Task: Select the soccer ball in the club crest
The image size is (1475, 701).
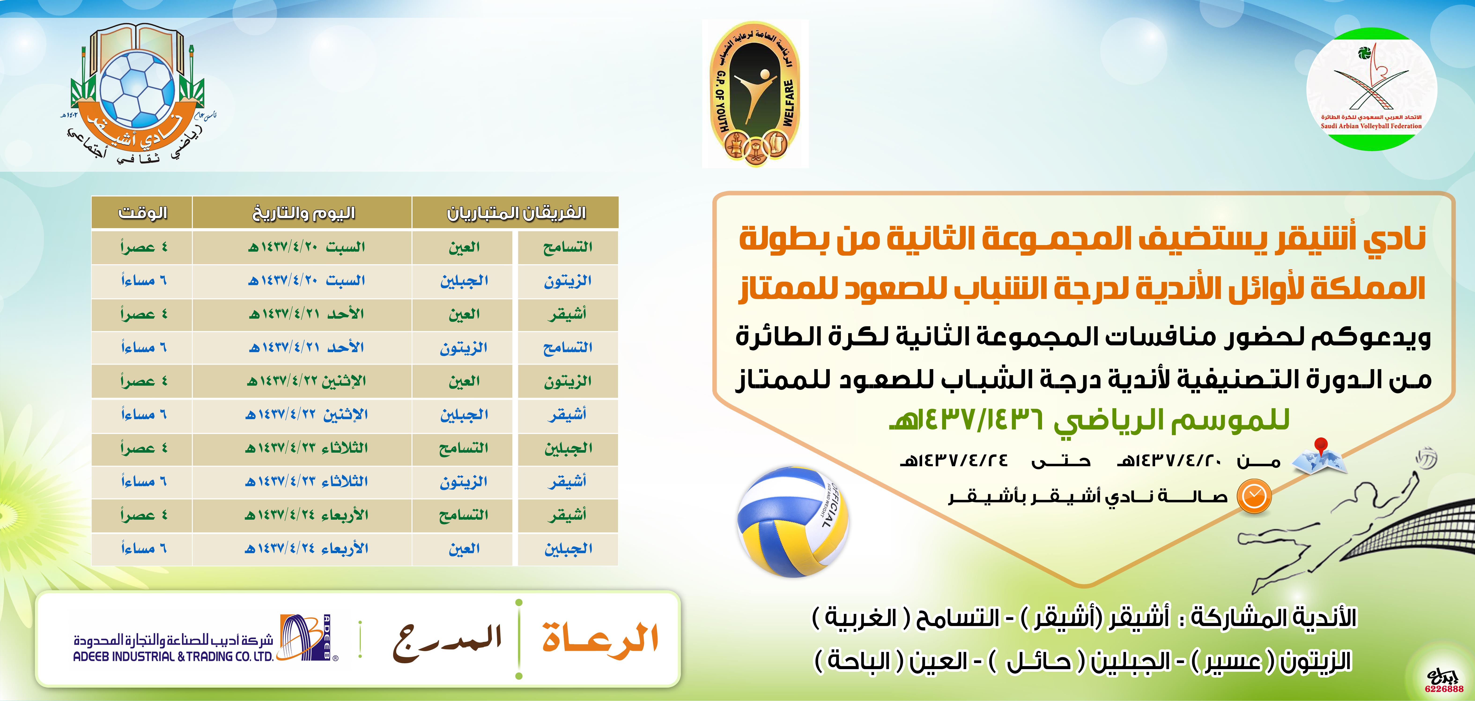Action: [x=137, y=89]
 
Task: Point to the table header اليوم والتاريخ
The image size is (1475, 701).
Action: [x=303, y=213]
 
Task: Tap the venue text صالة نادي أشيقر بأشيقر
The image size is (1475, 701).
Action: [x=1088, y=496]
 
